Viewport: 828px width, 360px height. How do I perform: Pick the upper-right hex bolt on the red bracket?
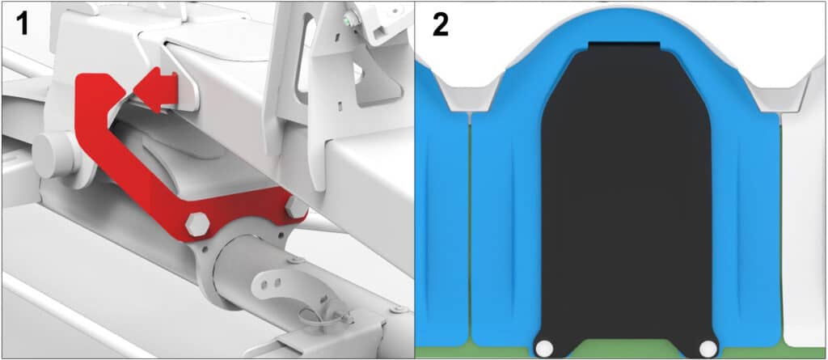point(296,207)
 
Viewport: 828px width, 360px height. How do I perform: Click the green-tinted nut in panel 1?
point(347,20)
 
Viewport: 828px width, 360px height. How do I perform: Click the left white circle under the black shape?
point(544,348)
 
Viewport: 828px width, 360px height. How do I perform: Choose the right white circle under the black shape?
point(708,348)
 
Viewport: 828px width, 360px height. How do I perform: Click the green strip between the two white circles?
point(627,349)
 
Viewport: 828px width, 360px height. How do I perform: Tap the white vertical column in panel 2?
point(803,227)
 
